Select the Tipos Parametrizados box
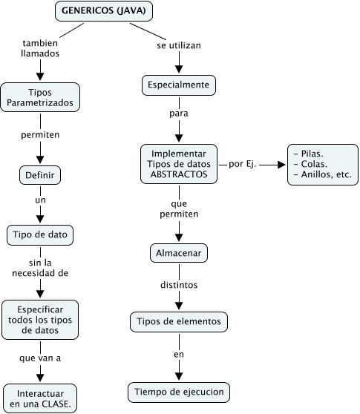click(40, 98)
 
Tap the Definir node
click(40, 175)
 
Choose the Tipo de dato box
click(40, 235)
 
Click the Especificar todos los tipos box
click(40, 319)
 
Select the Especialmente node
click(179, 85)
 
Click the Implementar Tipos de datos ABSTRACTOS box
click(179, 163)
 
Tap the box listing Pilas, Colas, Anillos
click(323, 164)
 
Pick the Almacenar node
click(179, 253)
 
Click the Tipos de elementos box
click(179, 322)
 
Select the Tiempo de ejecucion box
click(179, 391)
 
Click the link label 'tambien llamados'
click(40, 48)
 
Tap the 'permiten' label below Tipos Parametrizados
click(40, 136)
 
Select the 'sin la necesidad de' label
click(40, 268)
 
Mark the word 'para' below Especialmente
click(179, 115)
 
